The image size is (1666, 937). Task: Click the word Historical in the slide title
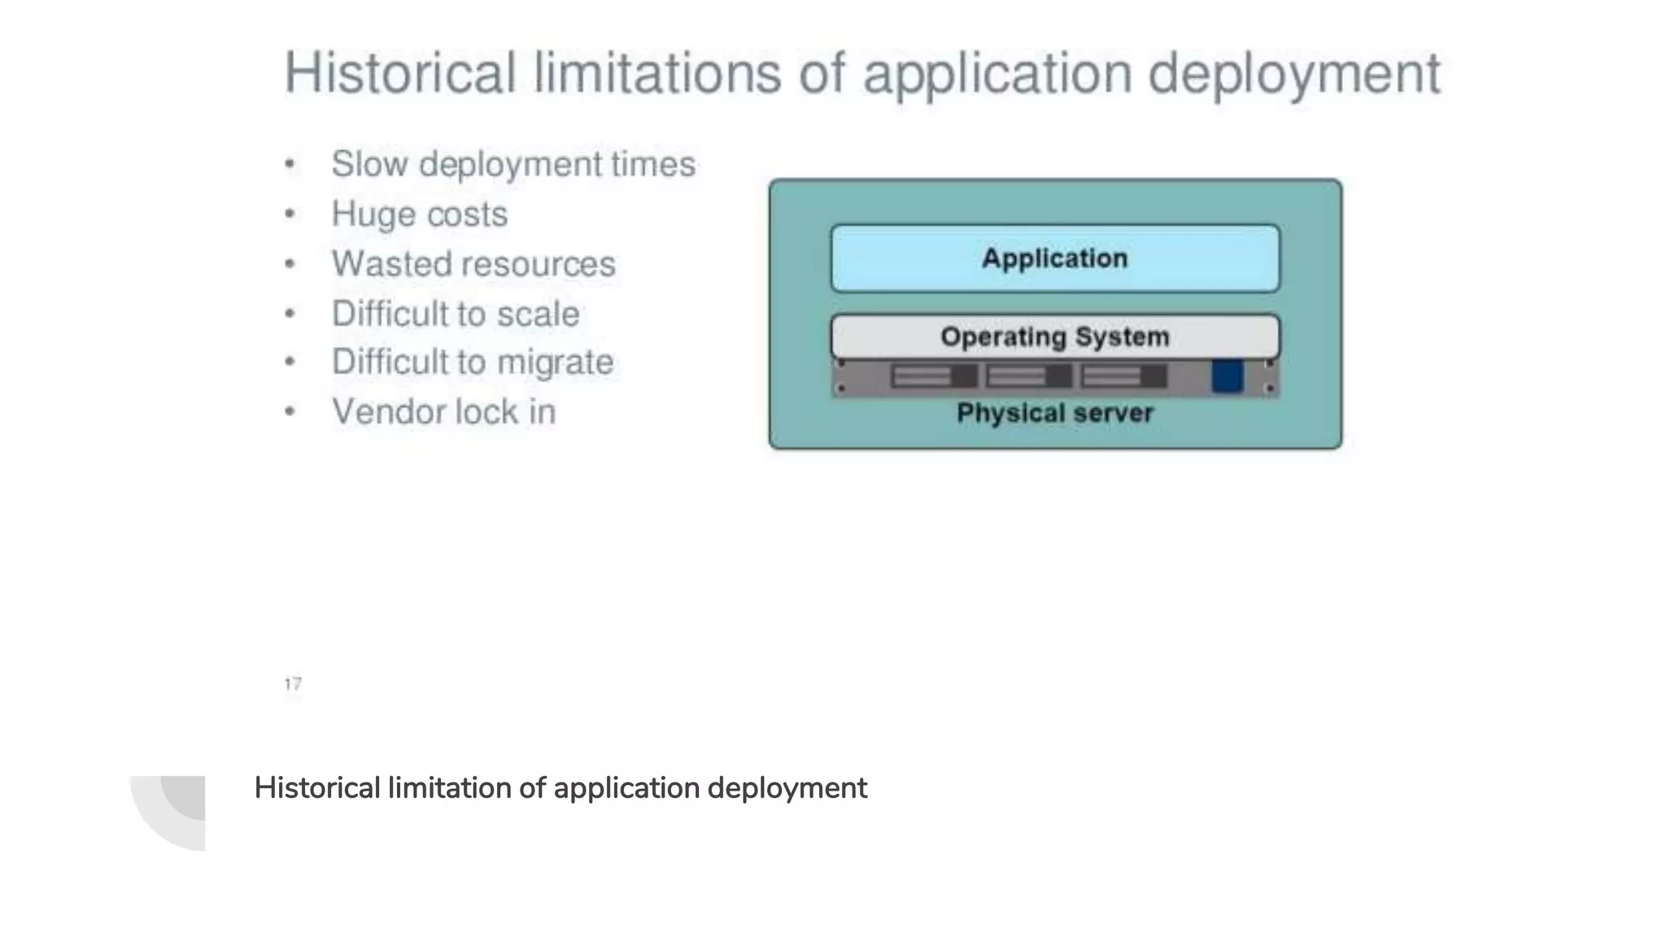pos(399,73)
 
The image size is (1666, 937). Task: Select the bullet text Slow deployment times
pos(513,164)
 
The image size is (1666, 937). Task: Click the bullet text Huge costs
pos(419,215)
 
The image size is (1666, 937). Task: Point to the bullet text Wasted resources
pos(473,264)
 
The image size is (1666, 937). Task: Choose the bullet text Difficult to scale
pos(456,314)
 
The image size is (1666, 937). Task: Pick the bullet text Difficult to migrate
pos(473,363)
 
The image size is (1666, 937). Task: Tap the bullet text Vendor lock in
pos(443,412)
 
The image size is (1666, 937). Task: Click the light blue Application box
pos(1054,259)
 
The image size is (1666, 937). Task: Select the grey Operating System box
pos(1054,336)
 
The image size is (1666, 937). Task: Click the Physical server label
pos(1054,413)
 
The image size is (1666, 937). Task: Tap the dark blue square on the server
pos(1227,377)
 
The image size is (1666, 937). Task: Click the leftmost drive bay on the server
pos(934,377)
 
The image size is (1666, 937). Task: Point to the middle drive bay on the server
pos(1028,377)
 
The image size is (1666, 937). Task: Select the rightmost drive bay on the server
pos(1123,377)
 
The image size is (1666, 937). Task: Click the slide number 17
pos(293,684)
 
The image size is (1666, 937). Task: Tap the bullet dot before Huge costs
pos(290,215)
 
